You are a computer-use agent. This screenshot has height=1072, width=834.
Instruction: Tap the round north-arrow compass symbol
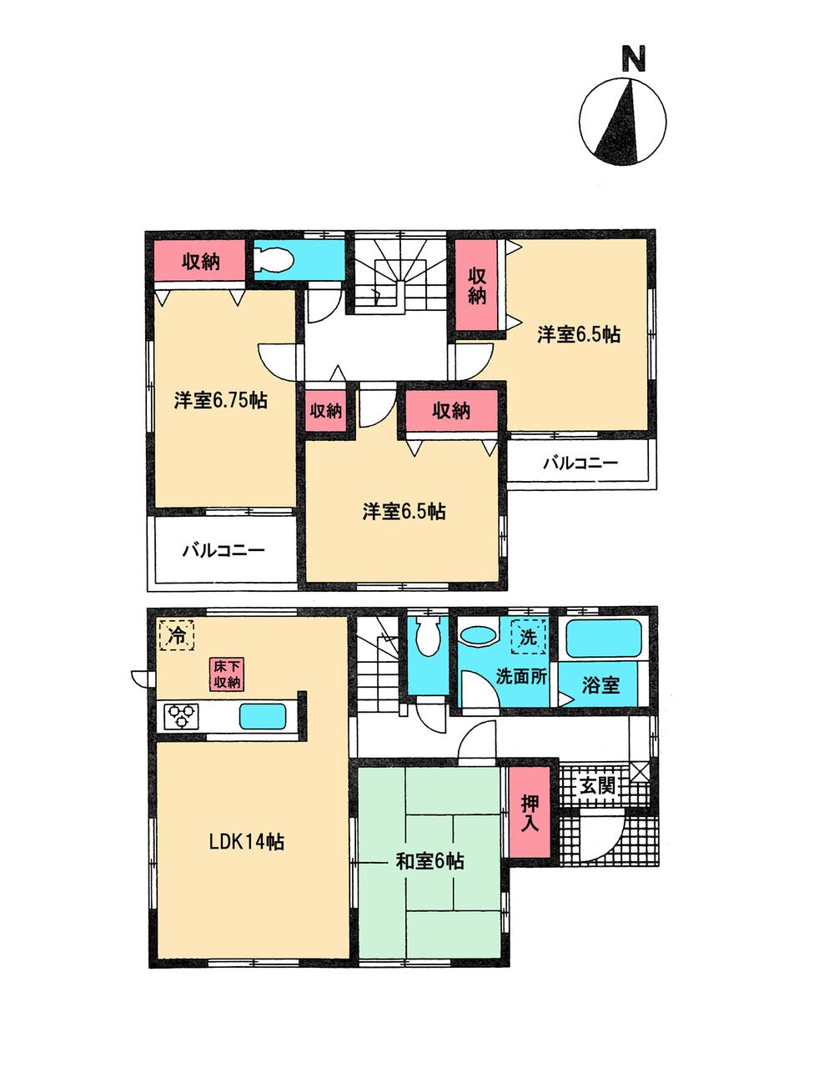(623, 120)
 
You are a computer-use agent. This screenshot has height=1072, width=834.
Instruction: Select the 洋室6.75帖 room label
(220, 400)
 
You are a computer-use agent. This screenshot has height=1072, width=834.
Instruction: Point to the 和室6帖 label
(430, 861)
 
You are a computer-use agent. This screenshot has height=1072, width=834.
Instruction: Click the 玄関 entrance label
(598, 785)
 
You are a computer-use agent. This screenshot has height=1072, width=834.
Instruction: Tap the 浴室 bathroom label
(600, 685)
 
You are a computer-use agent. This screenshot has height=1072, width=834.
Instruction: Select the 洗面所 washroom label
(521, 676)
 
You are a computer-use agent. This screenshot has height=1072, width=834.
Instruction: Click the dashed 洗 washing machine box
(529, 638)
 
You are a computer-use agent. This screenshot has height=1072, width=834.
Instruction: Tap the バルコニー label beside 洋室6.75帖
(223, 550)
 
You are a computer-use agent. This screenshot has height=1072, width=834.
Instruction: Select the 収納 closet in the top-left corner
(200, 261)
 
